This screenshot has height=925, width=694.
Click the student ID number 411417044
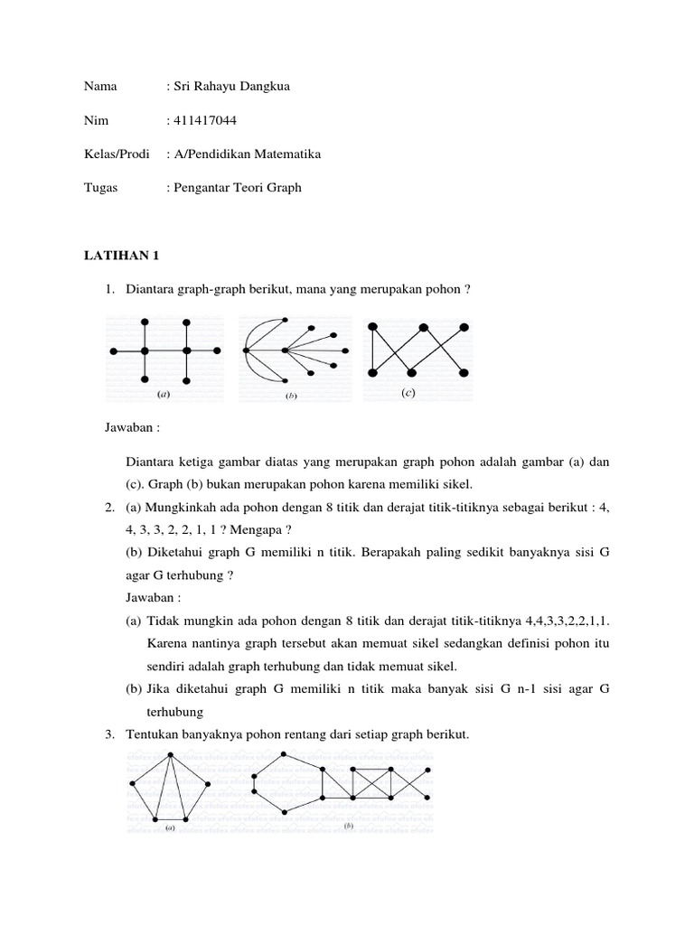pyautogui.click(x=205, y=120)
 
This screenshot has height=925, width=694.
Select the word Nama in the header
pyautogui.click(x=100, y=86)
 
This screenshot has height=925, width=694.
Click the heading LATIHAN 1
pyautogui.click(x=120, y=256)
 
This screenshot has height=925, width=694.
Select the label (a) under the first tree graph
pyautogui.click(x=164, y=395)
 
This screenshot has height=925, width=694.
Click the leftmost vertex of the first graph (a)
pyautogui.click(x=113, y=350)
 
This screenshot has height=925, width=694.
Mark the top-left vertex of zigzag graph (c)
pyautogui.click(x=370, y=327)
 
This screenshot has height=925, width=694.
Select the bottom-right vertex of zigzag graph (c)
pyautogui.click(x=464, y=371)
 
